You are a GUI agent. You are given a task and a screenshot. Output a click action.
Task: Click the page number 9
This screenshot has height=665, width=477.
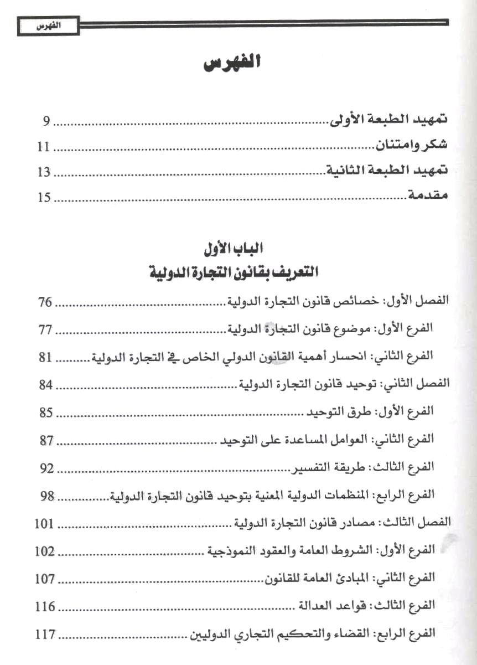pos(47,121)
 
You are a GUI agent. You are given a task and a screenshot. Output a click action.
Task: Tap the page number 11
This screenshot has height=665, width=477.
pos(44,147)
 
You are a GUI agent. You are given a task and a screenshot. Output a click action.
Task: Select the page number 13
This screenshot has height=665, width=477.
pos(44,172)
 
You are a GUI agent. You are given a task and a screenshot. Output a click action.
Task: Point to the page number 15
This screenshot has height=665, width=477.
pos(44,197)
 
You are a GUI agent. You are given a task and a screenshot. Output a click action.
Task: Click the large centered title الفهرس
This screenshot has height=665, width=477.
pos(231,64)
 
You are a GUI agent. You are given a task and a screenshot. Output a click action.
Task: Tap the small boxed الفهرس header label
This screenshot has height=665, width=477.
pos(48,26)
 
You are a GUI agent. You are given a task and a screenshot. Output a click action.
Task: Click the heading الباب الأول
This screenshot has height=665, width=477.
pos(231,249)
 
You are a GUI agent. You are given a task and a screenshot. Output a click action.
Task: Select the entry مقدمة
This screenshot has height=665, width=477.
pos(427,197)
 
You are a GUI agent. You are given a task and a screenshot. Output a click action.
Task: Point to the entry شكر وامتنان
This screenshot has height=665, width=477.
pos(412,147)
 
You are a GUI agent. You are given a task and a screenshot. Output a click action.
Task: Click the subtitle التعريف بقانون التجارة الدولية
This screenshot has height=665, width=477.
pos(231,273)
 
